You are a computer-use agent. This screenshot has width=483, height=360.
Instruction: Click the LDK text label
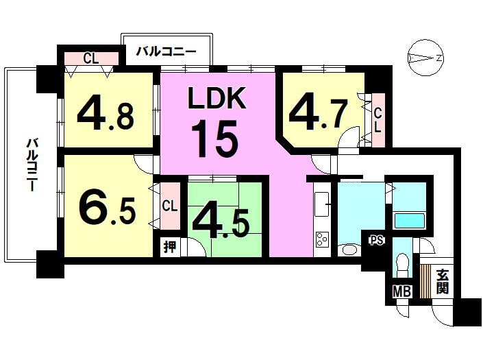coord(216,100)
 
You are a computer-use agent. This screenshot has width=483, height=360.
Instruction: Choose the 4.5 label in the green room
coord(220,219)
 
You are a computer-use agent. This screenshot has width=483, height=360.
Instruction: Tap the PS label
coord(376,240)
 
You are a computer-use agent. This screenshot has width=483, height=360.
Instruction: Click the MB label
coord(401,291)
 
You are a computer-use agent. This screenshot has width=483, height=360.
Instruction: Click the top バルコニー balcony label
coord(166,51)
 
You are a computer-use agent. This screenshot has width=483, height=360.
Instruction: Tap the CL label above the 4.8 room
coord(90,58)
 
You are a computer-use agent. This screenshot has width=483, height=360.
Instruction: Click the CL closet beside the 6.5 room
coord(170,205)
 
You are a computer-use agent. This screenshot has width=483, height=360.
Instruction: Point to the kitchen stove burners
coord(321,240)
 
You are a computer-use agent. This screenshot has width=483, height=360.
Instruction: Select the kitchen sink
coord(321,204)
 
